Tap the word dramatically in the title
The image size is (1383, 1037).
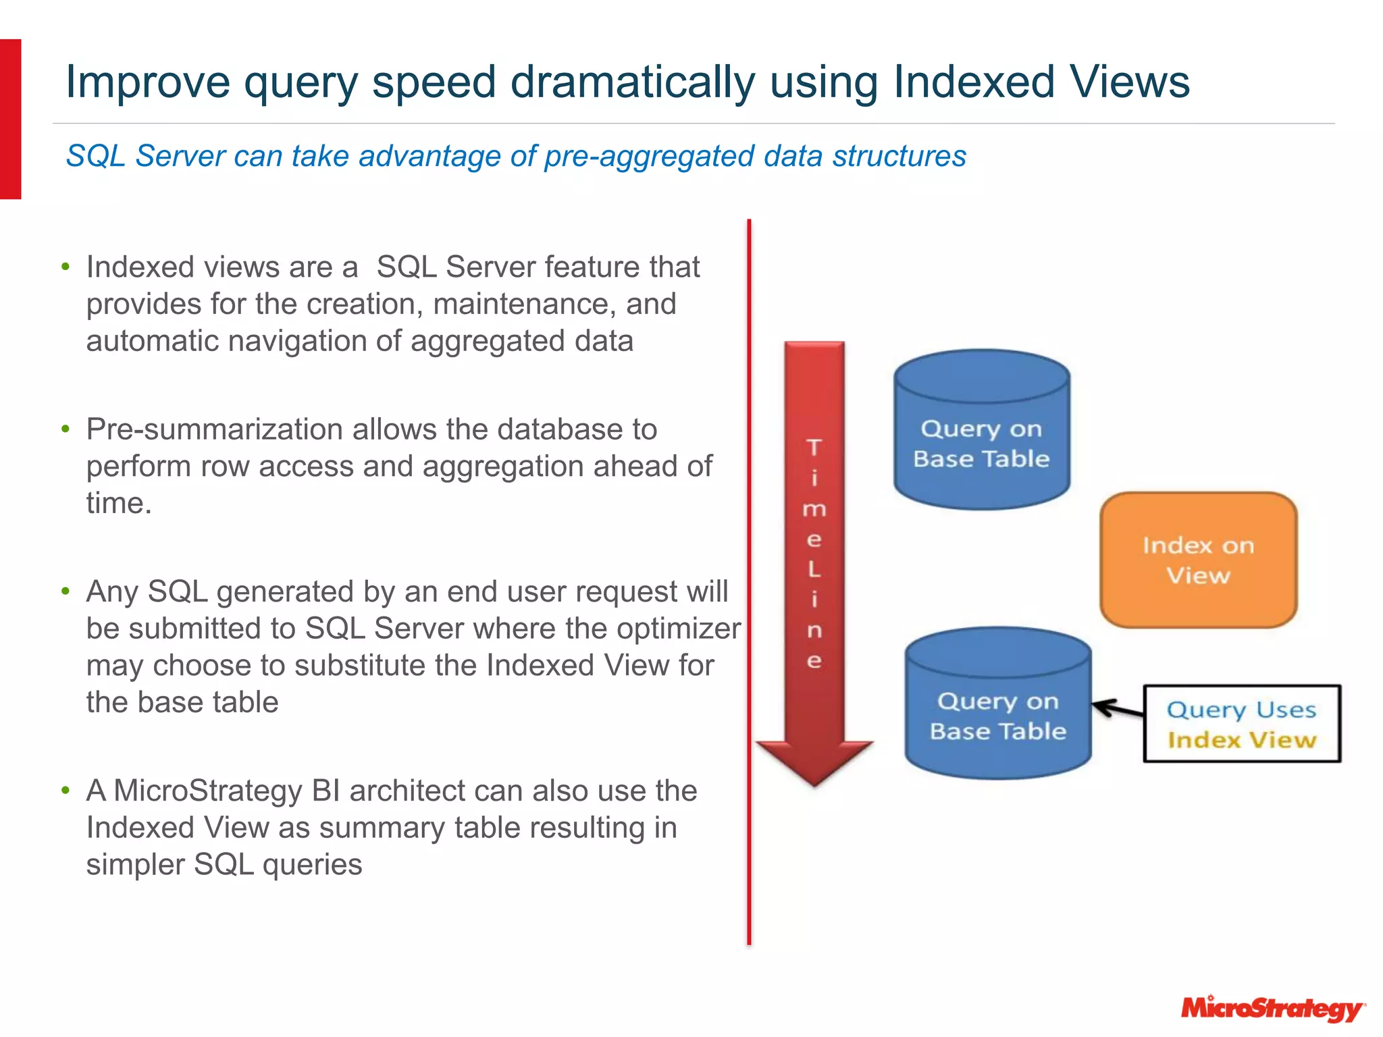[x=632, y=82]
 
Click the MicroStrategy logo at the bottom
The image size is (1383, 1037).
[x=1272, y=1009]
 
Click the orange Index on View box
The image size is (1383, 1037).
[x=1198, y=560]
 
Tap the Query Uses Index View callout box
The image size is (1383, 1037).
[x=1241, y=724]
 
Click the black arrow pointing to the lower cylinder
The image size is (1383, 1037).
[x=1117, y=709]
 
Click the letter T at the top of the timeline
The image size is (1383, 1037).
[x=814, y=447]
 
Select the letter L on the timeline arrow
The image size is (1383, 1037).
[x=814, y=569]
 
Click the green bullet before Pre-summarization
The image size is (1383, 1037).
[x=66, y=429]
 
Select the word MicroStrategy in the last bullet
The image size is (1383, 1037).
[x=207, y=791]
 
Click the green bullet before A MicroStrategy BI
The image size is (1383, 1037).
[x=66, y=790]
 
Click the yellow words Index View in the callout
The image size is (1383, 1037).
[x=1241, y=740]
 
